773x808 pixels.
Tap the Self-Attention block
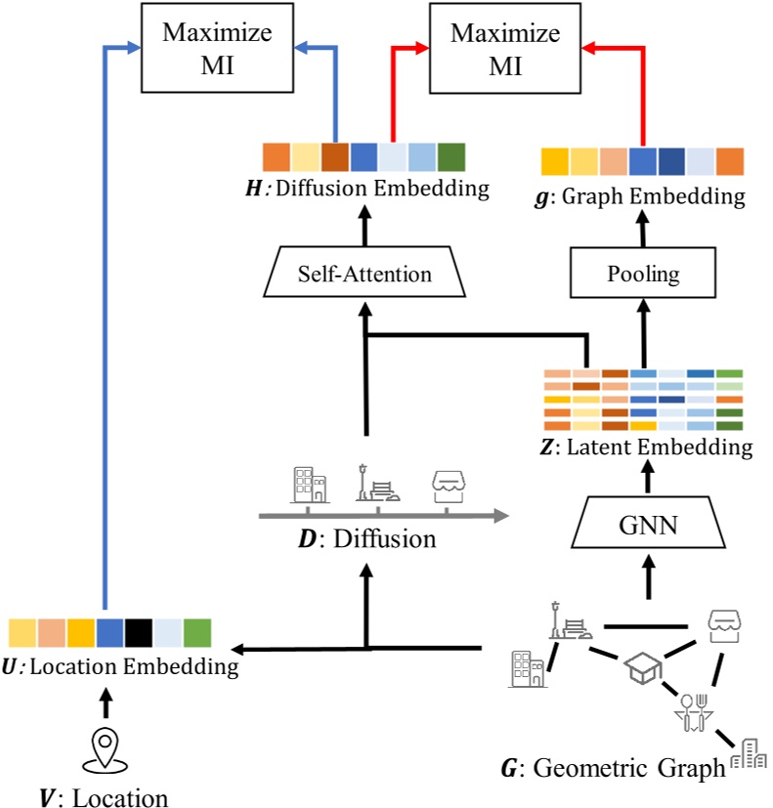365,275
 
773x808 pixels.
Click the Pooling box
643,275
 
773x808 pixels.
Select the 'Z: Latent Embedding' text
646,447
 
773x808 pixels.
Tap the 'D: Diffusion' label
367,538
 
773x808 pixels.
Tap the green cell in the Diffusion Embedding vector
451,157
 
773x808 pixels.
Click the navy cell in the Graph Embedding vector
671,161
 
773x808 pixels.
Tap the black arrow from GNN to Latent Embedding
646,479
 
